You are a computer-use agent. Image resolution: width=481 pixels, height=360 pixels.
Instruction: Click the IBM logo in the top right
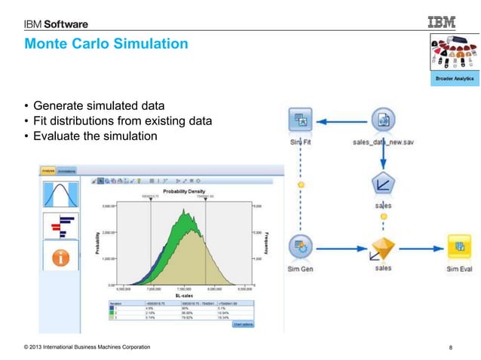click(445, 23)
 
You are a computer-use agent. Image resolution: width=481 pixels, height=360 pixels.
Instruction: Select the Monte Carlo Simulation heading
click(106, 44)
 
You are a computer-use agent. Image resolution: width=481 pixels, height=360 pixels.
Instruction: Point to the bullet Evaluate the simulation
click(94, 136)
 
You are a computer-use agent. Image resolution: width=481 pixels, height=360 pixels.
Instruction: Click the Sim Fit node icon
click(302, 119)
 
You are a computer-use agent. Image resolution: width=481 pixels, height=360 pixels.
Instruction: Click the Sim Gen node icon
click(302, 246)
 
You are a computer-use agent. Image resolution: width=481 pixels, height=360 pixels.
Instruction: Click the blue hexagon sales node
click(384, 184)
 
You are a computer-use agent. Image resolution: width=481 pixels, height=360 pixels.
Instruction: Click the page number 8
click(450, 347)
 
